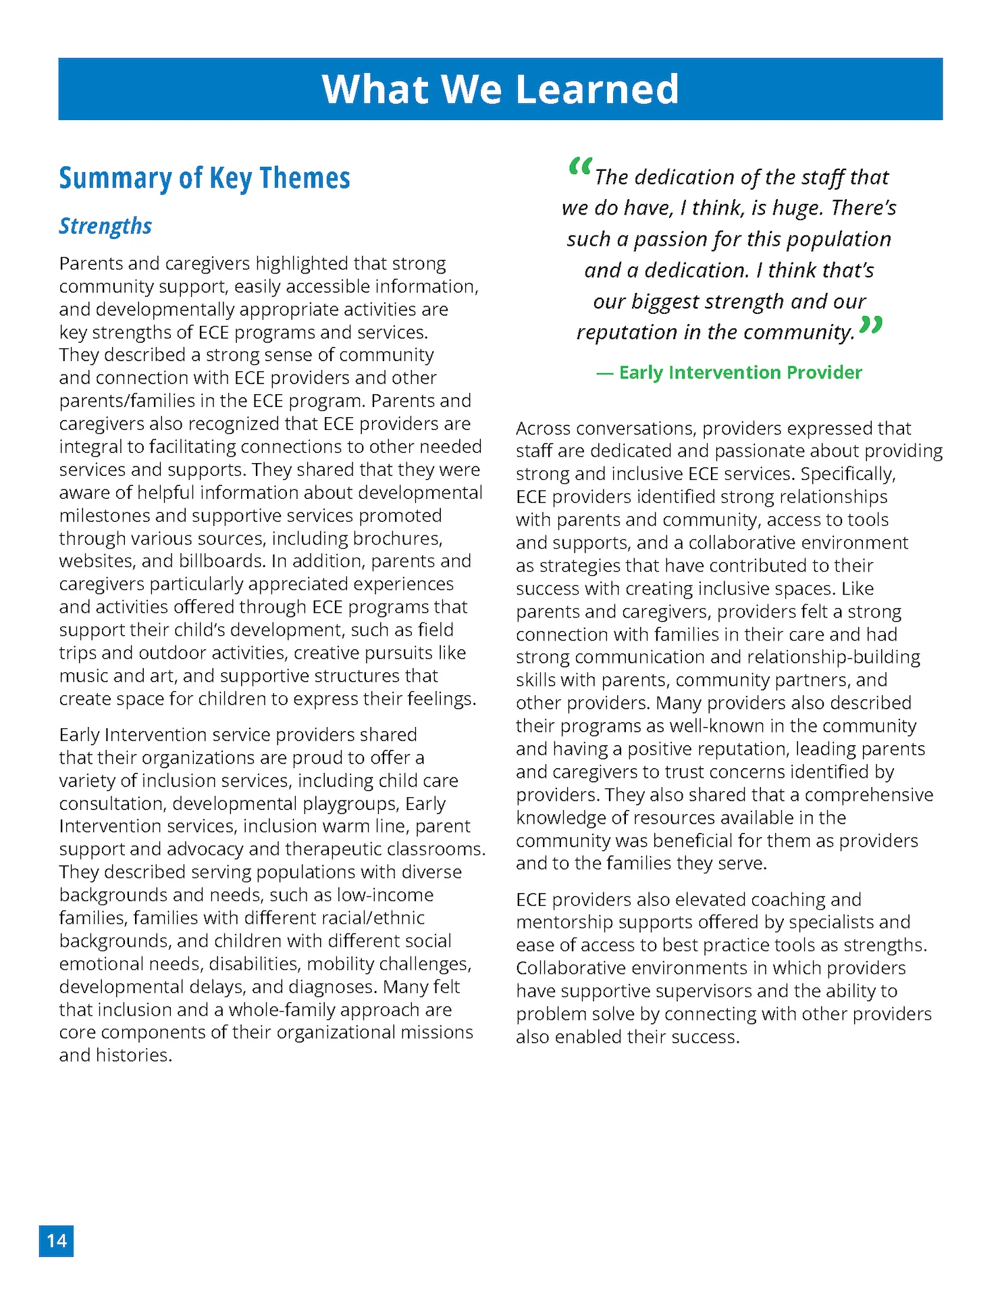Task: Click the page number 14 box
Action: point(56,1241)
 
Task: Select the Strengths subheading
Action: point(105,226)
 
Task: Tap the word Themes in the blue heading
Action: point(305,178)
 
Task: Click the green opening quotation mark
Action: point(580,166)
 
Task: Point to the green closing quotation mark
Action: point(872,325)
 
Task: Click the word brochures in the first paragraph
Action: point(398,538)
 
